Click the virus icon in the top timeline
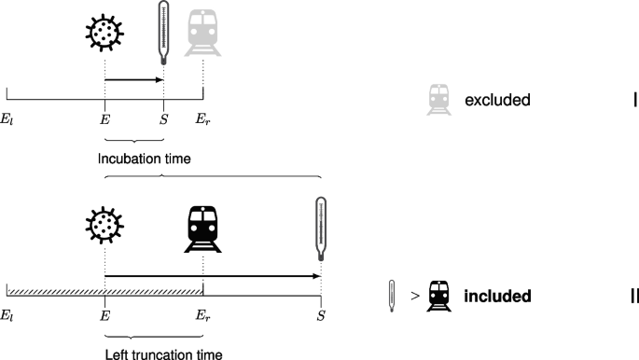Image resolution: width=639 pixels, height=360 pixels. tap(104, 32)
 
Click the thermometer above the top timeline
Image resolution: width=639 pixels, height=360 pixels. tap(164, 31)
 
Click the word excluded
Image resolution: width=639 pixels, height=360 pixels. tap(497, 100)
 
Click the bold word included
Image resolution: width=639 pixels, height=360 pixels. tap(498, 297)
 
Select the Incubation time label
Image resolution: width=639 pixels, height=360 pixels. tap(145, 159)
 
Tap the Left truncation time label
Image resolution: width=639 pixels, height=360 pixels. tap(164, 353)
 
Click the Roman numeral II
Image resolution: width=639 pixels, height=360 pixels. tap(632, 297)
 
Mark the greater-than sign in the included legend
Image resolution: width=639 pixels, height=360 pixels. tap(413, 298)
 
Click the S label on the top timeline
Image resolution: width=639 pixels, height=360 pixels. tap(164, 120)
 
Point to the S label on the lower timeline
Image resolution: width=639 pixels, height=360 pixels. tap(321, 317)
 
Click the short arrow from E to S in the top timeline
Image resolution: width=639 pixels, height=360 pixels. tap(134, 80)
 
